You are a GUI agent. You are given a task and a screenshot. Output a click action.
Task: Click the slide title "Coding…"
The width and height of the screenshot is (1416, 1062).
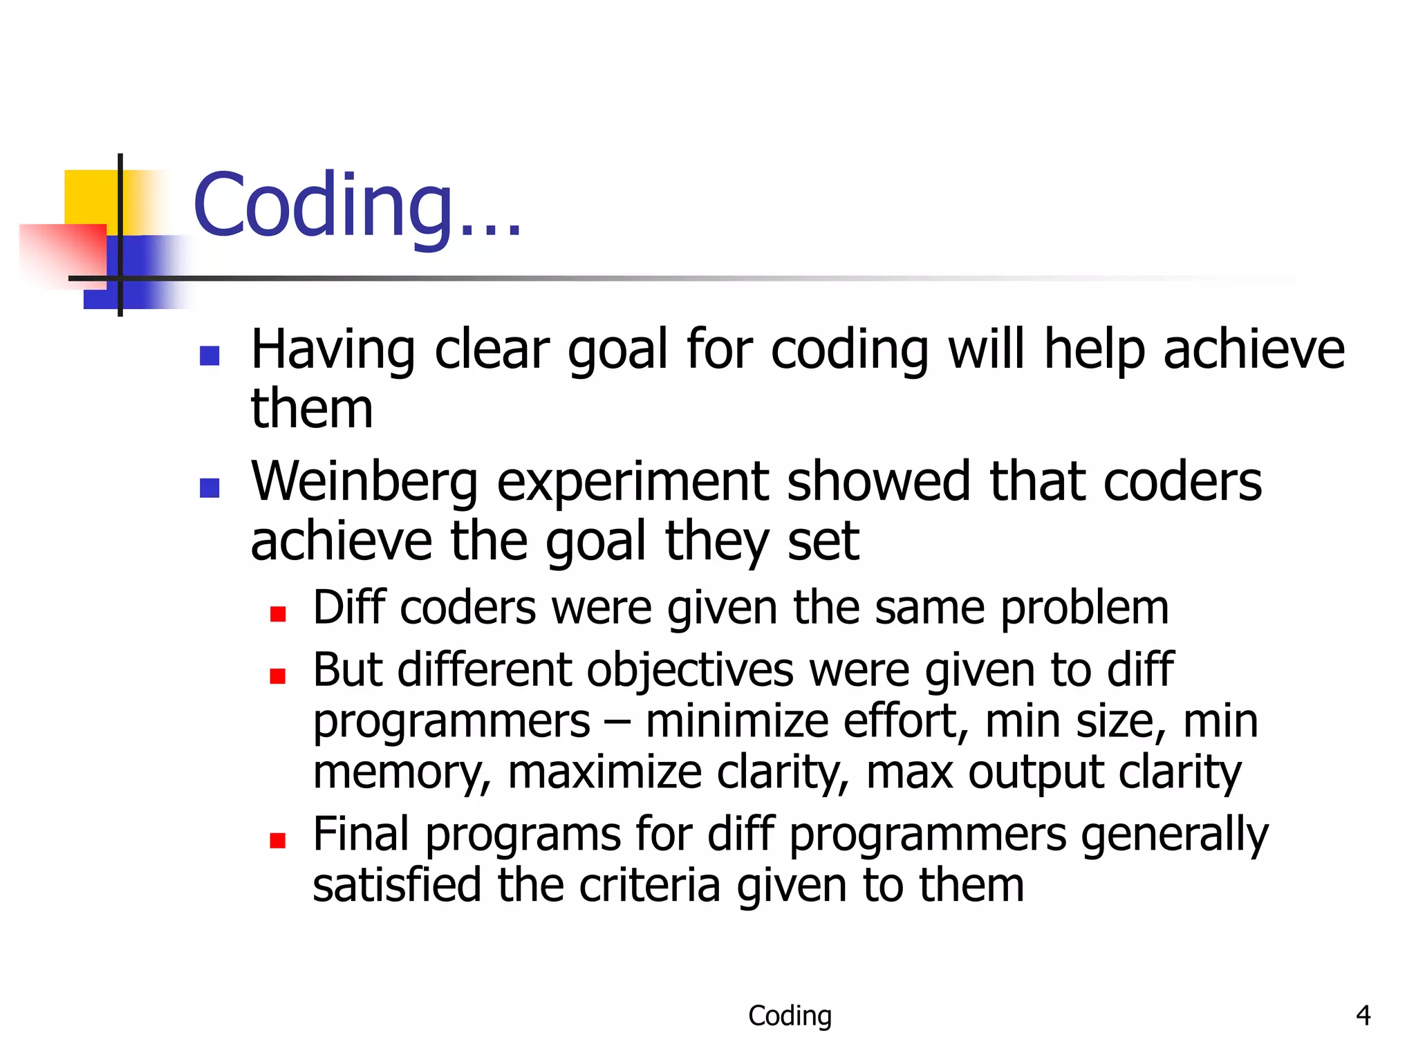356,206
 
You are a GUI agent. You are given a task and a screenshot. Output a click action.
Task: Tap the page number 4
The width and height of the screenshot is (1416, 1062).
1363,1016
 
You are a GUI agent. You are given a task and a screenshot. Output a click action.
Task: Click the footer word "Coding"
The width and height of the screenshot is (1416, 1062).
790,1016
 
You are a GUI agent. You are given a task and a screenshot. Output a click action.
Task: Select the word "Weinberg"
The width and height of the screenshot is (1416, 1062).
364,483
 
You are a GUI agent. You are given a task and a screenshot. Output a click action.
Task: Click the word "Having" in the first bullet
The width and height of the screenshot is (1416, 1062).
333,350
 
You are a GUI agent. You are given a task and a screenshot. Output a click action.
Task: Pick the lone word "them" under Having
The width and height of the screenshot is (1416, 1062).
312,409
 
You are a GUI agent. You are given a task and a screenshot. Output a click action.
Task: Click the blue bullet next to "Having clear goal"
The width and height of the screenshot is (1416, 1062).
209,355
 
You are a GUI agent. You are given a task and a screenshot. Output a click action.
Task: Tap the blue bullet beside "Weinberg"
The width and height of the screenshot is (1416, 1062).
209,488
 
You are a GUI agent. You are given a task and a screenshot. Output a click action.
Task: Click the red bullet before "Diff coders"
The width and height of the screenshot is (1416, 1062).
278,614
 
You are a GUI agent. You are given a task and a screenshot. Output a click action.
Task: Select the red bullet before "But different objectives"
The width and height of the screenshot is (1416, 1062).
278,676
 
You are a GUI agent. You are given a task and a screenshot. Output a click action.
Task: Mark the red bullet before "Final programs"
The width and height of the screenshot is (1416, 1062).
278,840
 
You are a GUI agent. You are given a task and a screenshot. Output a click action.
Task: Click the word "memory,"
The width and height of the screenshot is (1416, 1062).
402,772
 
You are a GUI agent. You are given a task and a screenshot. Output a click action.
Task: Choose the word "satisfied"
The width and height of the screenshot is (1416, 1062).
396,886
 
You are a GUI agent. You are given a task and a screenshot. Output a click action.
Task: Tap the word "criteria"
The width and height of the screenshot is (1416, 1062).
649,886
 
